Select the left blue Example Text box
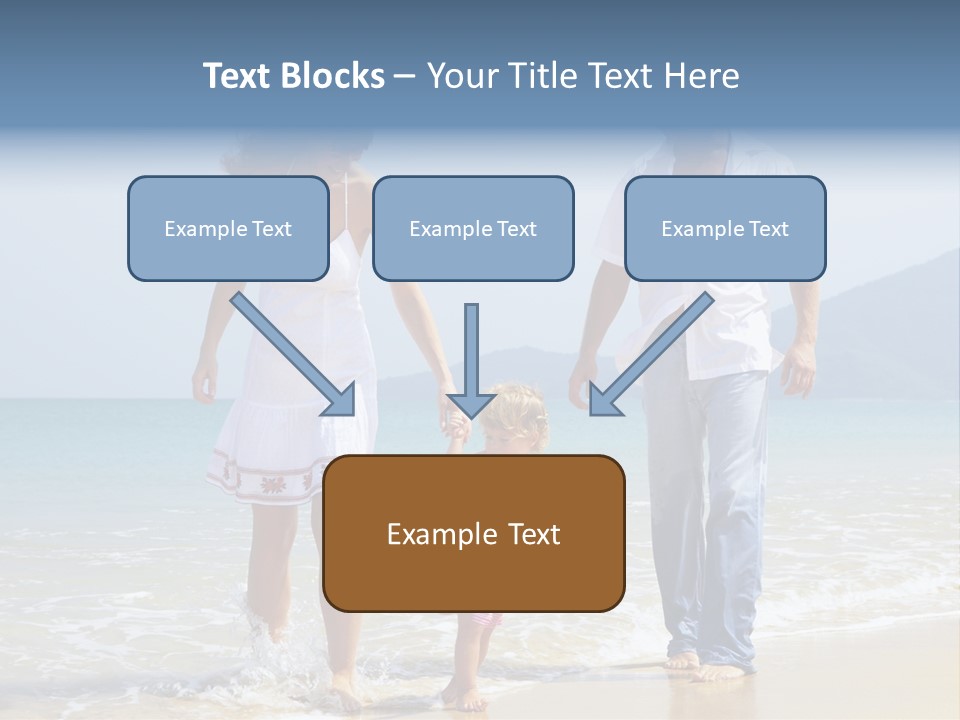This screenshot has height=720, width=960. [x=228, y=229]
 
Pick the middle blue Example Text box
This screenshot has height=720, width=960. [x=473, y=229]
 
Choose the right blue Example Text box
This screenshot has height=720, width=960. [x=725, y=229]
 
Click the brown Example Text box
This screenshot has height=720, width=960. [x=473, y=534]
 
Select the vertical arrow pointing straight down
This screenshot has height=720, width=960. [x=471, y=361]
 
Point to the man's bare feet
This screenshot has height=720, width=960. [x=705, y=665]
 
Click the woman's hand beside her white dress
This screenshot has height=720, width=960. [x=205, y=380]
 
